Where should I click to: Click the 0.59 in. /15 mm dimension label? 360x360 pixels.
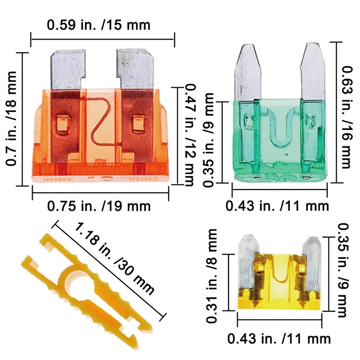tap(99, 25)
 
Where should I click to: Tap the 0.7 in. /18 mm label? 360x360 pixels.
tap(11, 118)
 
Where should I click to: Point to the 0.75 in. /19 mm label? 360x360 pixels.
tap(99, 206)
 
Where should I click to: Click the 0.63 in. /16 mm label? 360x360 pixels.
tap(347, 117)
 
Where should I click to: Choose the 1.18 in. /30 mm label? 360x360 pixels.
tap(114, 258)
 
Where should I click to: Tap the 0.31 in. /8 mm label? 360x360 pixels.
tap(211, 276)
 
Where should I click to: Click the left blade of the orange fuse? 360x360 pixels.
tap(67, 69)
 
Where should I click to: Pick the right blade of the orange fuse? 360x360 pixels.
tap(135, 69)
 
